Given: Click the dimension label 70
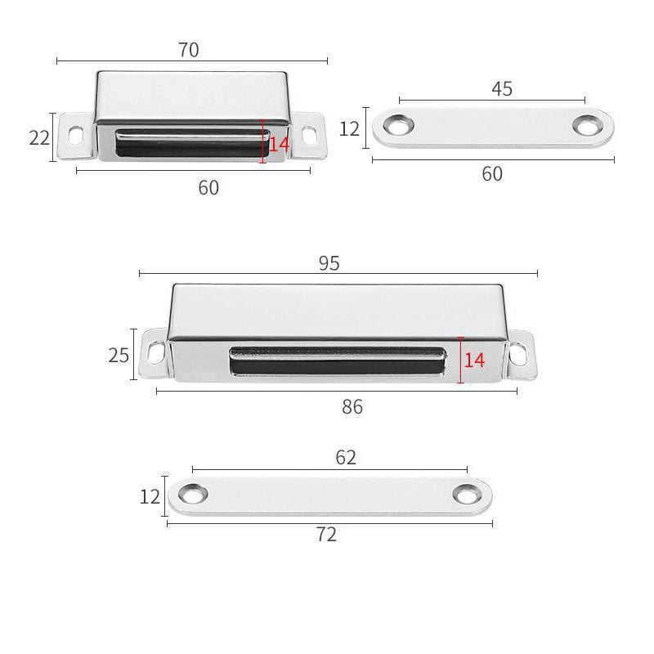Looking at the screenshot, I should coord(188,50).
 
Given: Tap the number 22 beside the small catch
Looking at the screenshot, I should coord(39,137).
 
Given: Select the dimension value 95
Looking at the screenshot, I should coord(329,262).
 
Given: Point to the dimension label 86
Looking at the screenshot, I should coord(352,407).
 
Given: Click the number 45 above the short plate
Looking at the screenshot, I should coord(502,88).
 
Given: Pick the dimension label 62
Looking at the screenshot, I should coord(346,458).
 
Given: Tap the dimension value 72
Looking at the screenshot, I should coord(325,535).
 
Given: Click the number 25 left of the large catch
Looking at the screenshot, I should coord(119,356).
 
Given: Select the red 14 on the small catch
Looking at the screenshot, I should coord(279,143).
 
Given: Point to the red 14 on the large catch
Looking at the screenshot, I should coord(475,359).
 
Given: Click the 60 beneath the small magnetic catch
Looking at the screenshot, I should coord(208,187).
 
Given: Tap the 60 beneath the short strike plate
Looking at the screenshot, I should coord(492,173).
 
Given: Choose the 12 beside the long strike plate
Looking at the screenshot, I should coord(149,496).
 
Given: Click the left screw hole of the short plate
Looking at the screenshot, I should coord(400,126).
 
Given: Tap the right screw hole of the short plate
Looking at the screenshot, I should coord(586,126).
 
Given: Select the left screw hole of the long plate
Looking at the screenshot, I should coord(194,495).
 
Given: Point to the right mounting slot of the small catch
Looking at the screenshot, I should coord(309,135).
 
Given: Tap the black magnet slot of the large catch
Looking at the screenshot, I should coord(338,361).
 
